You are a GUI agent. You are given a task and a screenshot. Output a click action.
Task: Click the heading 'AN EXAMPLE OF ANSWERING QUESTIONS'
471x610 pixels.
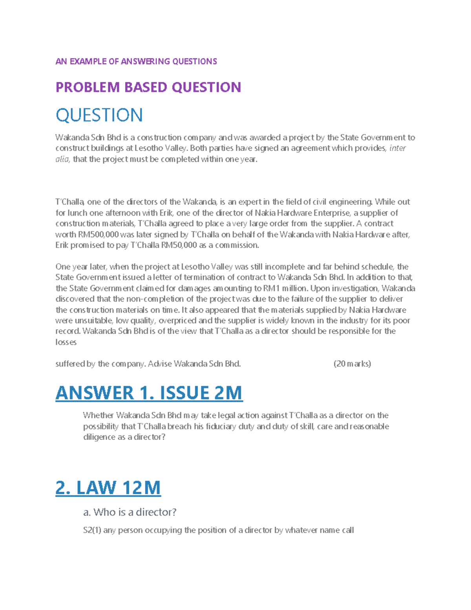[x=136, y=61]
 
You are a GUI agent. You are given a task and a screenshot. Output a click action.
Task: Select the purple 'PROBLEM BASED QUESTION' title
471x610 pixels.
[x=148, y=87]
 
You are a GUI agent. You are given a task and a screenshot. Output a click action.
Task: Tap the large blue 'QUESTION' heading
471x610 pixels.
[x=99, y=115]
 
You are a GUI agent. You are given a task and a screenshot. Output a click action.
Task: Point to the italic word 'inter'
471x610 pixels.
[x=397, y=148]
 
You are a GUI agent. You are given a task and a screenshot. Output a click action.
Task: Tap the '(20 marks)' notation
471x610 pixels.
[x=352, y=364]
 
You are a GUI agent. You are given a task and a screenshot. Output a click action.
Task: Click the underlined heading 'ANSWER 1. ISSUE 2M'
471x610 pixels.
[x=149, y=393]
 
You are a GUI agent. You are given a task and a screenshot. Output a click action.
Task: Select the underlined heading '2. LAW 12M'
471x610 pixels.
[x=108, y=487]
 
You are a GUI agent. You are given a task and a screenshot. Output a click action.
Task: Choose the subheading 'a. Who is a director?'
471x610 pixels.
[x=130, y=512]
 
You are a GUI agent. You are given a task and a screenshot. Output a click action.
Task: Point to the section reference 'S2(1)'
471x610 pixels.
[x=92, y=530]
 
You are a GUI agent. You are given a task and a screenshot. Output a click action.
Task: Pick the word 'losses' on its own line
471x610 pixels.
[x=66, y=342]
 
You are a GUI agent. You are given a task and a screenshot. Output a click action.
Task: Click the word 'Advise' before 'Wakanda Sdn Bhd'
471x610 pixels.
[x=160, y=364]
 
